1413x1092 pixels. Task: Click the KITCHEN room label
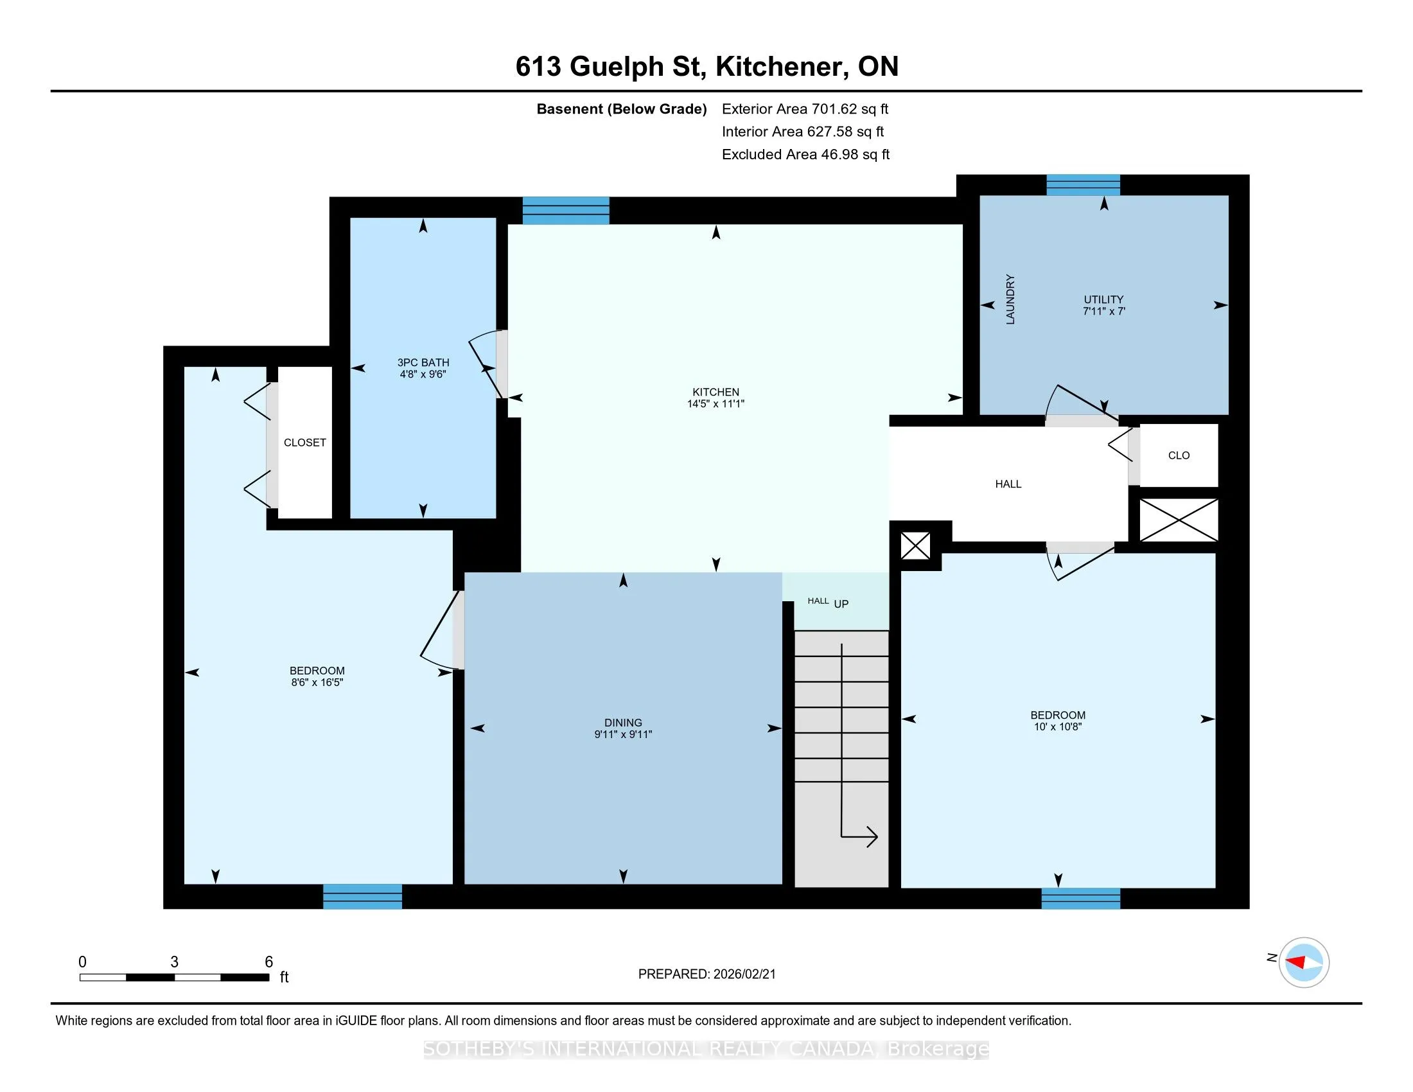pyautogui.click(x=715, y=392)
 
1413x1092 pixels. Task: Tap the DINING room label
pyautogui.click(x=623, y=723)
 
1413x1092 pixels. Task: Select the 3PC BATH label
pyautogui.click(x=423, y=362)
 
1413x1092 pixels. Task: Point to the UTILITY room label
pyautogui.click(x=1103, y=299)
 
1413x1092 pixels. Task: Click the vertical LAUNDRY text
pyautogui.click(x=1010, y=299)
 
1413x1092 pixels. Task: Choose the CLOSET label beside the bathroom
pyautogui.click(x=304, y=443)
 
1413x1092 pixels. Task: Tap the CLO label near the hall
pyautogui.click(x=1179, y=455)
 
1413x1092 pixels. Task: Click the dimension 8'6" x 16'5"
pyautogui.click(x=317, y=682)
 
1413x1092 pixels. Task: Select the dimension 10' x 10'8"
pyautogui.click(x=1058, y=727)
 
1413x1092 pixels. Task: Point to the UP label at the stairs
pyautogui.click(x=841, y=604)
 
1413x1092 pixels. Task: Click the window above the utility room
pyautogui.click(x=1083, y=185)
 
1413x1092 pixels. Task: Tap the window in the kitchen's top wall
pyautogui.click(x=565, y=210)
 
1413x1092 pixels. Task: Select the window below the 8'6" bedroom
pyautogui.click(x=362, y=897)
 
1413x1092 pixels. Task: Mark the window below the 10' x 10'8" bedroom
pyautogui.click(x=1080, y=899)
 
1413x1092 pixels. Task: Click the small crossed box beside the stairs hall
pyautogui.click(x=915, y=546)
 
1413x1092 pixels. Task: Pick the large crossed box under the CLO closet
pyautogui.click(x=1178, y=520)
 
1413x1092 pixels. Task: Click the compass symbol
pyautogui.click(x=1304, y=962)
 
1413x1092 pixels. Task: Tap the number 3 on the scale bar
pyautogui.click(x=174, y=962)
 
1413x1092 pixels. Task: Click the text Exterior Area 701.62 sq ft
pyautogui.click(x=805, y=109)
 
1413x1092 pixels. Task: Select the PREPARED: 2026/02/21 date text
pyautogui.click(x=706, y=974)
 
